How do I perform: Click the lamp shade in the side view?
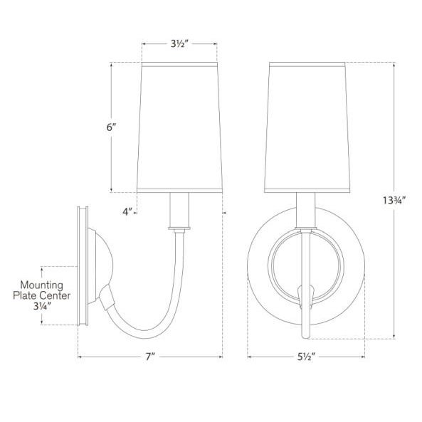pos(179,128)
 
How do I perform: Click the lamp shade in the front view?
pos(307,128)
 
